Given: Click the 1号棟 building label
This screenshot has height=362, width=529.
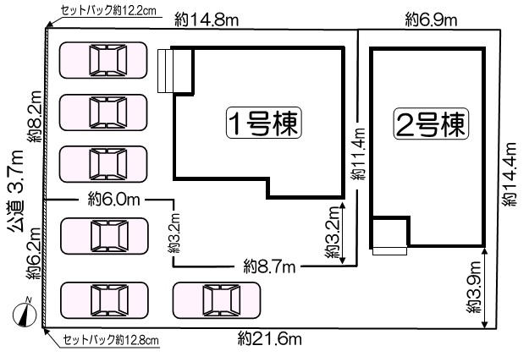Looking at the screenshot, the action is [263, 123].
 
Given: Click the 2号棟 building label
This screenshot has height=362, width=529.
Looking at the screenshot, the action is [431, 123].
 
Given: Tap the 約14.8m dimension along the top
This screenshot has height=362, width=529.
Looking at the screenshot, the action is [207, 20].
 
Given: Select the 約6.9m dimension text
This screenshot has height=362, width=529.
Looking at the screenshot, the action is [431, 19].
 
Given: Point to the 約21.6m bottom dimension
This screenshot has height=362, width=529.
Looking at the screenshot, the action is [269, 338].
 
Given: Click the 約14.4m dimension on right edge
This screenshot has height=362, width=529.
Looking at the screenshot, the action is [510, 174].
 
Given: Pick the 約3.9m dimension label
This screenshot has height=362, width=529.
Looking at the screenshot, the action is [474, 288].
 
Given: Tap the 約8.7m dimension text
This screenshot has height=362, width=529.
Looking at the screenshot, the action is [269, 267].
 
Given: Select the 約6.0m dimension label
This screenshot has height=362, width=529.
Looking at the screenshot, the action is [113, 200].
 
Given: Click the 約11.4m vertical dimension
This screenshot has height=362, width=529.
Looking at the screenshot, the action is [358, 154].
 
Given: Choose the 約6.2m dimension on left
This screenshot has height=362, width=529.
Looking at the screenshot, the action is [35, 253].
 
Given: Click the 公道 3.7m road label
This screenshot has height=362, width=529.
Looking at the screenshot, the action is [16, 191].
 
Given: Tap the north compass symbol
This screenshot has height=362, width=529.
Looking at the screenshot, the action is [25, 313].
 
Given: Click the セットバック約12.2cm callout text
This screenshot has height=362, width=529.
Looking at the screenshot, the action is [108, 10].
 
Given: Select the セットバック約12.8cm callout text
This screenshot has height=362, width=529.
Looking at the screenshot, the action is [111, 340].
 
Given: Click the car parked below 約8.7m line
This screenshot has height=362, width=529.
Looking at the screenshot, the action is [217, 300].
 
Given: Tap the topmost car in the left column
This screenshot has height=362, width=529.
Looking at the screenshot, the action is [103, 60].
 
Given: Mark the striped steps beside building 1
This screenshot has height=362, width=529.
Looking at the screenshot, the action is [166, 70].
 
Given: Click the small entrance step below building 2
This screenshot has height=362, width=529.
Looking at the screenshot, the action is [389, 250].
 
